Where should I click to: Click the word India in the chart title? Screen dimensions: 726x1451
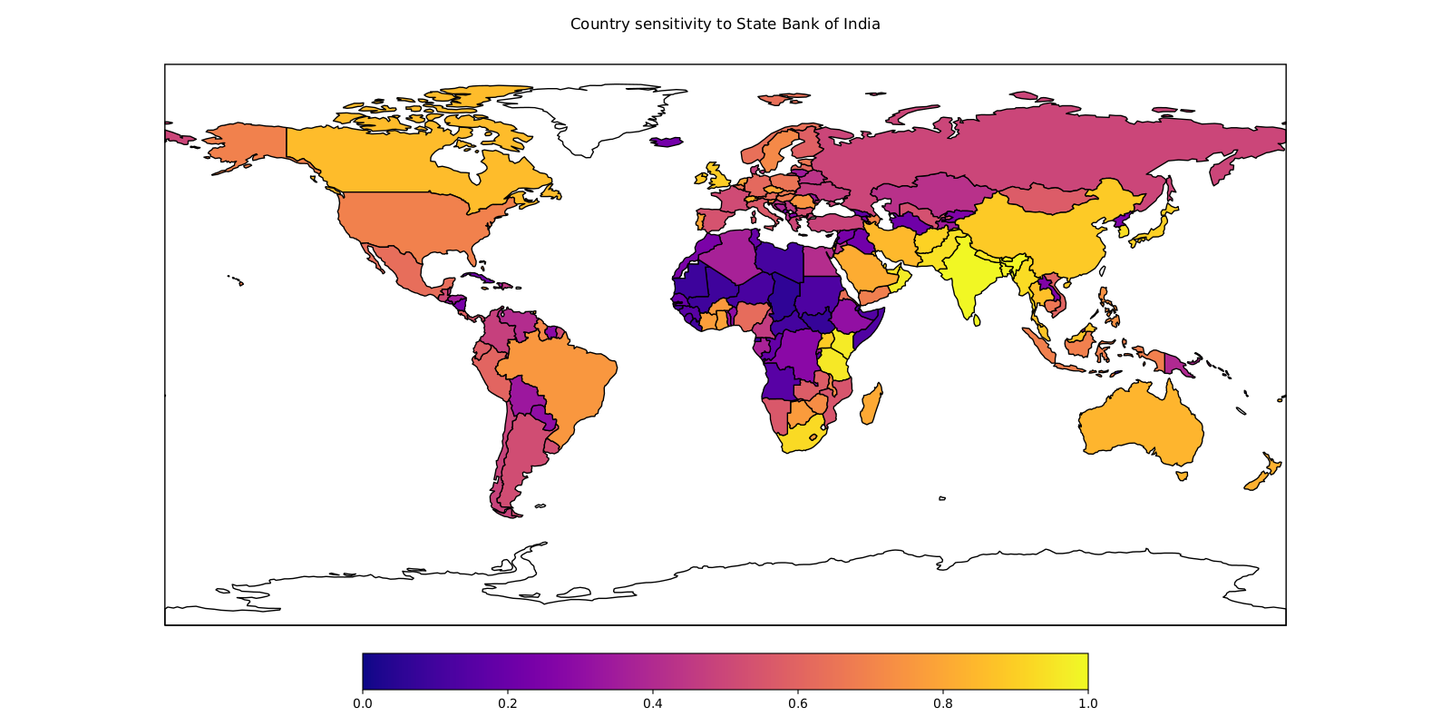[x=862, y=25]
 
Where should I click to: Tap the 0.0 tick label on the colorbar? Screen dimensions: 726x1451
[x=362, y=703]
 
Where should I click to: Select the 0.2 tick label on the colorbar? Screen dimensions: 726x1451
[x=507, y=703]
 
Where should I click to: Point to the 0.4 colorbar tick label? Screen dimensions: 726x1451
[x=652, y=703]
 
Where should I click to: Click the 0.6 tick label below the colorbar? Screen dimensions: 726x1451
[x=797, y=703]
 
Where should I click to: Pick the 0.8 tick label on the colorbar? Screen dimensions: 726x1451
[x=942, y=703]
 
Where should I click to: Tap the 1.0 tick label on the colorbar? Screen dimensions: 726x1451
[x=1087, y=703]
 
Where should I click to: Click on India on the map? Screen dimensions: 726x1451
[x=969, y=277]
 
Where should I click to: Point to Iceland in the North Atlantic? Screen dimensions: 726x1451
[x=667, y=141]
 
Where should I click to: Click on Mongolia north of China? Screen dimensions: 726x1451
[x=1052, y=200]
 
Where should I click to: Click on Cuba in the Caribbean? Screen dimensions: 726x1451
[x=481, y=277]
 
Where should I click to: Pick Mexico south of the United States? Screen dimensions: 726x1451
[x=394, y=263]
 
